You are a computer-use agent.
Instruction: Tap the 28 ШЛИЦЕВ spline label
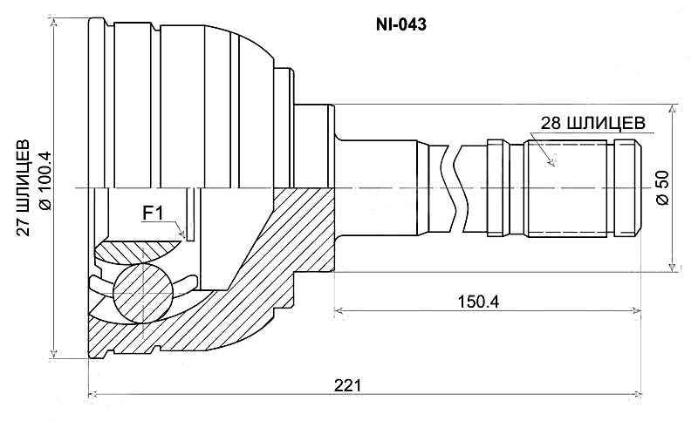pyautogui.click(x=592, y=123)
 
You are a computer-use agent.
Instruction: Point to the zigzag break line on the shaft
pyautogui.click(x=451, y=187)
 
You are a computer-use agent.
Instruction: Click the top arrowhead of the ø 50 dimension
pyautogui.click(x=673, y=109)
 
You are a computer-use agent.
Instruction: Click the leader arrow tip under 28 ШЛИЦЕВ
pyautogui.click(x=551, y=163)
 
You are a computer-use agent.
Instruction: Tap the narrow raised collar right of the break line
pyautogui.click(x=496, y=187)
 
